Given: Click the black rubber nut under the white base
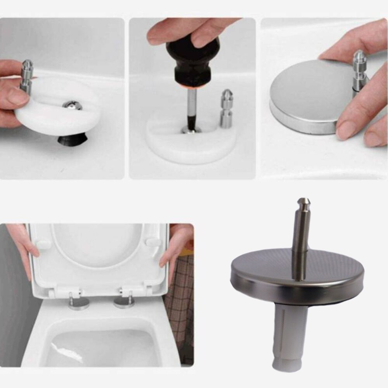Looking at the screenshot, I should [x=73, y=139].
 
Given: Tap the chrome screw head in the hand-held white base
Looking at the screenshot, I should [x=72, y=105].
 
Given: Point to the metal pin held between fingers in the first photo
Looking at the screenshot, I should [x=27, y=76].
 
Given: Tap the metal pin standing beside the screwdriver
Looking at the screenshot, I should [x=227, y=109].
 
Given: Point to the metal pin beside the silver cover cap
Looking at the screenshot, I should [x=359, y=72].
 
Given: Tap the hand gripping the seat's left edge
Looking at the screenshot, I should [x=26, y=244].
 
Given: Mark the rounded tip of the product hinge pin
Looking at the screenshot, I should [x=303, y=202].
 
